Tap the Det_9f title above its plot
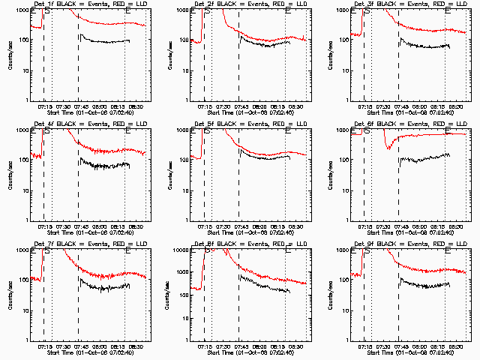pos(400,244)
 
